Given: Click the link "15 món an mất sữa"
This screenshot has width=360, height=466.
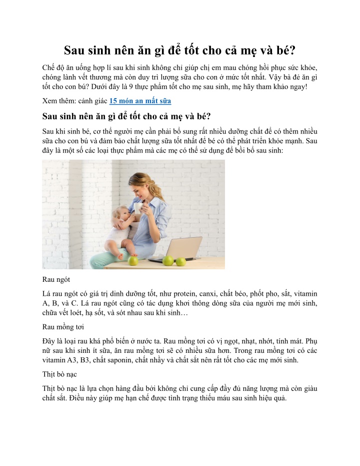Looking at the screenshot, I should click(140, 101).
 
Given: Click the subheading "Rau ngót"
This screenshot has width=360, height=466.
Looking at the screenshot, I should click(56, 280).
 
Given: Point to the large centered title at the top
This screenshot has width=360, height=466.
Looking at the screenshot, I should click(179, 51).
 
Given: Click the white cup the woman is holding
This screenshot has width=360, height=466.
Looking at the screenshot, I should click(137, 206).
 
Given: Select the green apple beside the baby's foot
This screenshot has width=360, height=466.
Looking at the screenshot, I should click(133, 261).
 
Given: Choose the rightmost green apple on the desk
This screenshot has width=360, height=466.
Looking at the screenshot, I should click(180, 261).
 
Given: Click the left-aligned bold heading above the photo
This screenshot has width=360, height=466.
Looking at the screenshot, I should click(127, 117).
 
